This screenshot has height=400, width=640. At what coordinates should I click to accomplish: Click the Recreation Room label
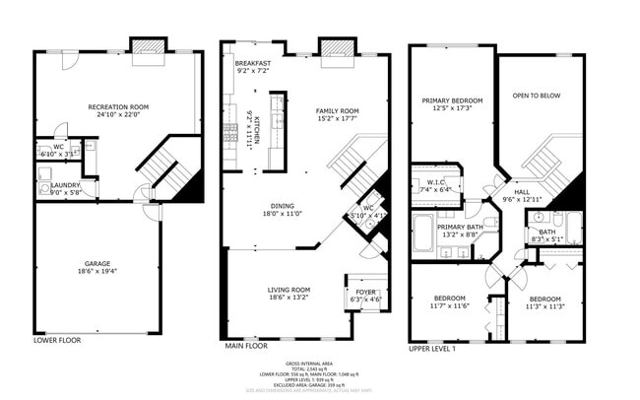[x=118, y=105]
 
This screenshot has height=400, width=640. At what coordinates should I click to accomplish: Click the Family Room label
[x=337, y=111]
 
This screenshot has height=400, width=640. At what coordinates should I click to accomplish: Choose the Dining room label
[x=278, y=207]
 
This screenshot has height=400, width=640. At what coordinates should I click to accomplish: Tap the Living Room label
[x=288, y=290]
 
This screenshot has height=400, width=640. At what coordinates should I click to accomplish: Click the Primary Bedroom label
[x=452, y=100]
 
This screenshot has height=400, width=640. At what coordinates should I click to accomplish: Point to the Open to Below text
[x=537, y=97]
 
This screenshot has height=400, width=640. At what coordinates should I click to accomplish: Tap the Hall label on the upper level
[x=522, y=193]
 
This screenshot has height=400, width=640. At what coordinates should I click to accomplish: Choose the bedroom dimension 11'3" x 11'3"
[x=544, y=305]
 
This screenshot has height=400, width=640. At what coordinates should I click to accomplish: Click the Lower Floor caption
[x=56, y=340]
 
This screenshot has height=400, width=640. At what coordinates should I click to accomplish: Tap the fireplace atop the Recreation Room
[x=151, y=44]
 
